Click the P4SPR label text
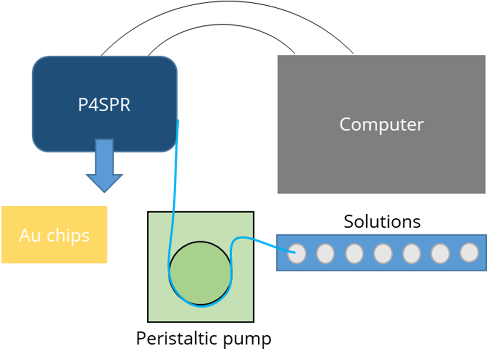pos(104,105)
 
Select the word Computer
pos(381,124)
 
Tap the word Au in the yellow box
pos(30,236)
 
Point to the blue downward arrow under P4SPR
pos(104,164)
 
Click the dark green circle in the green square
pos(200,272)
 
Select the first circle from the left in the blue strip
pos(297,253)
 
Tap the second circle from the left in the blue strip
pos(325,253)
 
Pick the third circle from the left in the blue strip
pos(354,253)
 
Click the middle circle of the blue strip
pos(383,253)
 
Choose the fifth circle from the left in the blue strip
pos(412,253)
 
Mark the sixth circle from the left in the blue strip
pos(440,253)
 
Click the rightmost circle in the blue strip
pos(469,253)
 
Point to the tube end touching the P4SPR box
pos(178,121)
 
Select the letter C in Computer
pos(345,124)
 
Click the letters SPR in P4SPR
pos(115,105)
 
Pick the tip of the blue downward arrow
pos(104,192)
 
